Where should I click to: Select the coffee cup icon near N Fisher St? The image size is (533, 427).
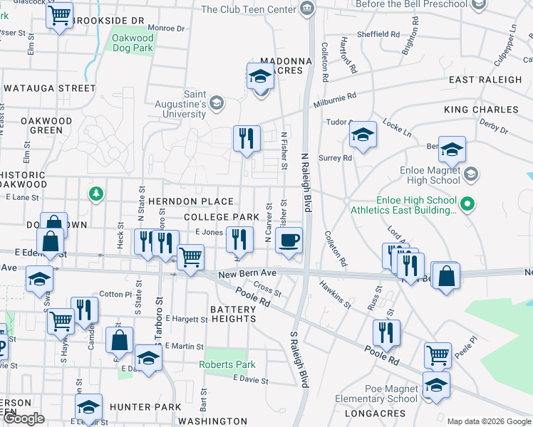(289, 240)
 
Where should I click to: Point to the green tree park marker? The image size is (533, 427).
(94, 194)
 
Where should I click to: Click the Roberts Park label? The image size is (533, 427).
(227, 364)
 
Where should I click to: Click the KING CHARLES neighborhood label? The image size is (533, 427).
(481, 110)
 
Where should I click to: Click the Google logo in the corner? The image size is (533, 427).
(24, 419)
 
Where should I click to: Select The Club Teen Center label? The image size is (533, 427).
(248, 9)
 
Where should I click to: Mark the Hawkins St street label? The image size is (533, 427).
(335, 295)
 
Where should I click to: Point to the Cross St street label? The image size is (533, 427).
(268, 290)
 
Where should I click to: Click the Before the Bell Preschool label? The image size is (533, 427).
(411, 5)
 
